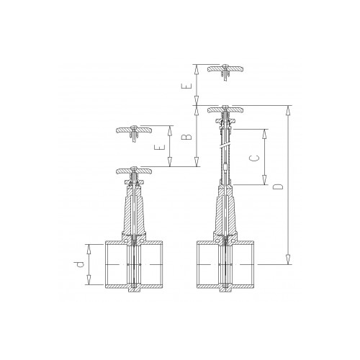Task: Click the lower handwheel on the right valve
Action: point(225,110)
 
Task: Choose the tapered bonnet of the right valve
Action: point(225,216)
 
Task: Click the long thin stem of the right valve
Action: point(225,155)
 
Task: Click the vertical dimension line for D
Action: point(289,186)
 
